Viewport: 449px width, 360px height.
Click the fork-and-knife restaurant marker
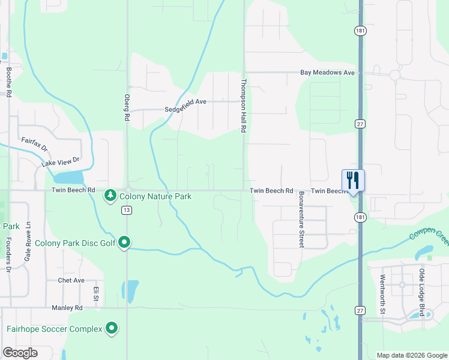point(353,179)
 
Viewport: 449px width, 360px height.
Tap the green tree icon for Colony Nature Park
point(110,196)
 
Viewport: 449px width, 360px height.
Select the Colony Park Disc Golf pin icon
point(124,242)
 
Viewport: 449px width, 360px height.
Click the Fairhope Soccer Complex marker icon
point(112,328)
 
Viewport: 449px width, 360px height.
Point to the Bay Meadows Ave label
point(328,73)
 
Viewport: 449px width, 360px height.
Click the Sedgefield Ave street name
point(185,102)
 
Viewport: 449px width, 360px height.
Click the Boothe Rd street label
point(9,82)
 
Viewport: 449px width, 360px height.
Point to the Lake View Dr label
point(61,161)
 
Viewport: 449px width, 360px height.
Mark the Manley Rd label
point(67,307)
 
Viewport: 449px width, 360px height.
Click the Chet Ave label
point(71,280)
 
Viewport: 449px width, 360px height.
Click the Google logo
point(20,353)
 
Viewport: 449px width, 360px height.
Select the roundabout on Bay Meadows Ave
point(394,75)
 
